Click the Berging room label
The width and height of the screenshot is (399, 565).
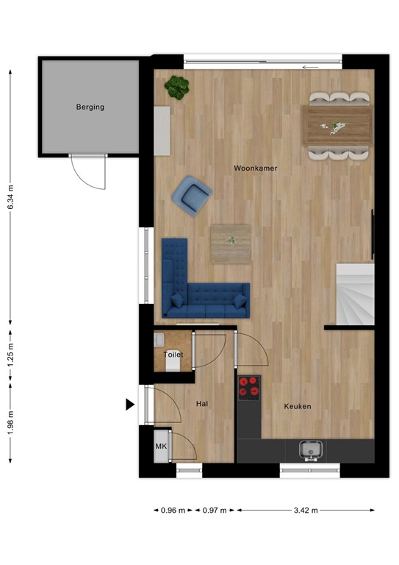coord(90,107)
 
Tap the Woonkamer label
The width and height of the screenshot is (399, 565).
coord(255,168)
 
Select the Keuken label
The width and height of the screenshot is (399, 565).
coord(298,406)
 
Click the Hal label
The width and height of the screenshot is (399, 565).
coord(203,404)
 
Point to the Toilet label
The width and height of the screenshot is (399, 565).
coord(173,355)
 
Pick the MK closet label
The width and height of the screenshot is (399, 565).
coord(160,447)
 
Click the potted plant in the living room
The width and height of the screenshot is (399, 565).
coord(176,87)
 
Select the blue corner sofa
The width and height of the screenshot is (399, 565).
coord(198,287)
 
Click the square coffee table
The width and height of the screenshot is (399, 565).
coord(231,244)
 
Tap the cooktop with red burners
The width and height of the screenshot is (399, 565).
coord(249,387)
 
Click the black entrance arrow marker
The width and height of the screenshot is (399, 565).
coord(130,404)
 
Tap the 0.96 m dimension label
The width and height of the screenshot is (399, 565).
coord(173,510)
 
